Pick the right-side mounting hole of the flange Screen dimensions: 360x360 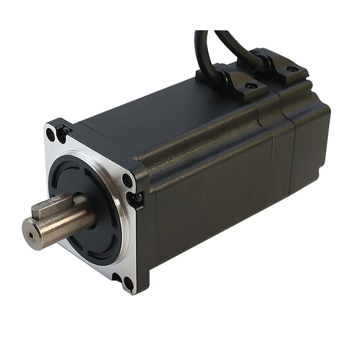pos(127,180)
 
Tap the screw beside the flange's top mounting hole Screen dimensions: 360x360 pos(63,130)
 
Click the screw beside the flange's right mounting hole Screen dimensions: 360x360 pos(136,197)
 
